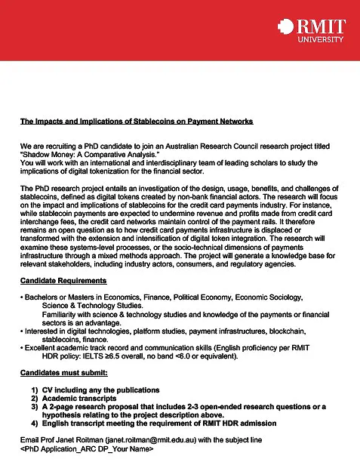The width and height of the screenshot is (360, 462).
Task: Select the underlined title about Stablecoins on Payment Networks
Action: [136, 121]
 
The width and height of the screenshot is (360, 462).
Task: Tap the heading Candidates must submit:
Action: [64, 374]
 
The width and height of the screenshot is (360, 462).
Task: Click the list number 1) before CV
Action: [35, 390]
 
